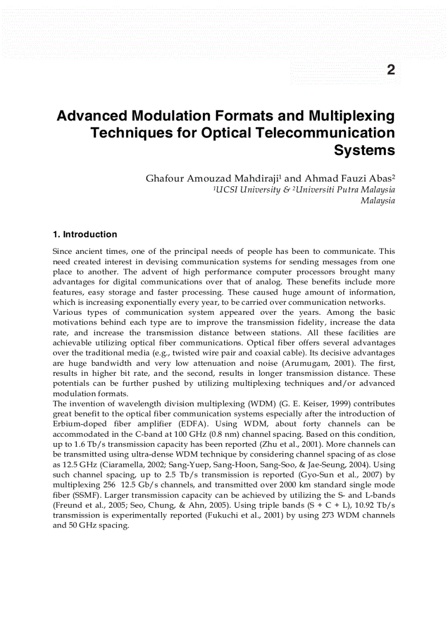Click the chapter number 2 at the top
pyautogui.click(x=390, y=70)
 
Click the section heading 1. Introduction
pyautogui.click(x=85, y=234)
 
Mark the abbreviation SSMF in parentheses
pyautogui.click(x=65, y=494)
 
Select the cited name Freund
pyautogui.click(x=68, y=505)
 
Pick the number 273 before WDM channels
pyautogui.click(x=326, y=515)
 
